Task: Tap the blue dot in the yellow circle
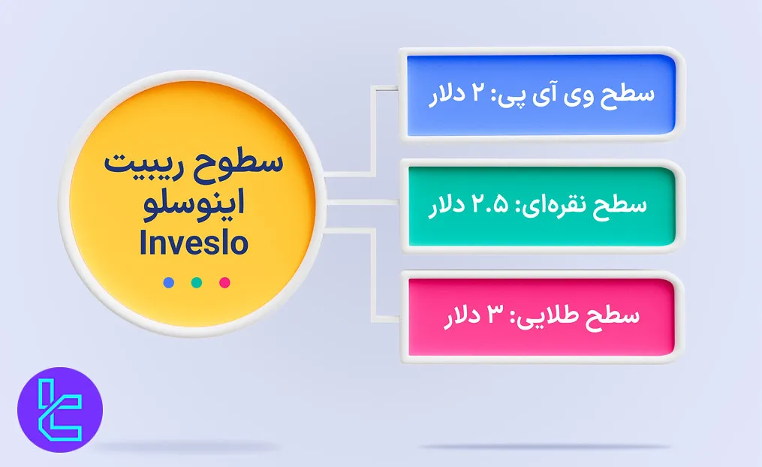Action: click(168, 282)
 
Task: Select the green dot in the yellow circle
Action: click(197, 282)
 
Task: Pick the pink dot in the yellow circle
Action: click(224, 282)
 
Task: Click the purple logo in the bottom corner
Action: click(60, 409)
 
